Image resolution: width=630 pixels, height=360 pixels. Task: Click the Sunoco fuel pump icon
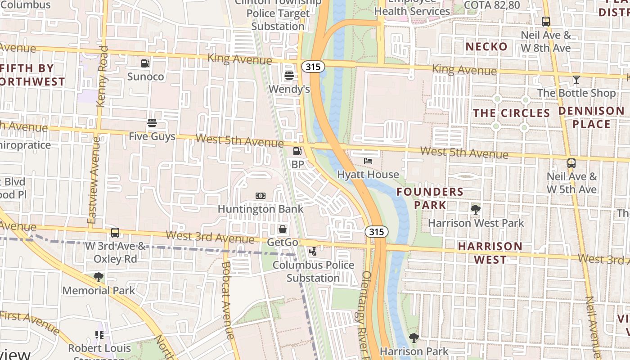pyautogui.click(x=145, y=63)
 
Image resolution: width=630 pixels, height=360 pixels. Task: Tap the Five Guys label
pyautogui.click(x=152, y=136)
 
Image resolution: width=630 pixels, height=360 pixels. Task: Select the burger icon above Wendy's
pyautogui.click(x=289, y=76)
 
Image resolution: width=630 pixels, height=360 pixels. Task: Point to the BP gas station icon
pyautogui.click(x=297, y=152)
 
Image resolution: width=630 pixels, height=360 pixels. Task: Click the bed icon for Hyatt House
pyautogui.click(x=368, y=161)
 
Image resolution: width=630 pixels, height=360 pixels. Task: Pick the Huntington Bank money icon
pyautogui.click(x=261, y=196)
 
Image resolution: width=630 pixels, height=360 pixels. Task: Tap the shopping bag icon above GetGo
pyautogui.click(x=282, y=229)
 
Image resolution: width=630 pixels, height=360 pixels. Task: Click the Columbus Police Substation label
pyautogui.click(x=313, y=271)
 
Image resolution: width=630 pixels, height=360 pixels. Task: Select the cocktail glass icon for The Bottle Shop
pyautogui.click(x=576, y=80)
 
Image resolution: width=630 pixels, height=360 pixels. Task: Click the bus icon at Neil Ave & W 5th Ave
pyautogui.click(x=571, y=163)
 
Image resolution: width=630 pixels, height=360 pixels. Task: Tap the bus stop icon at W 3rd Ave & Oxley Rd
pyautogui.click(x=115, y=233)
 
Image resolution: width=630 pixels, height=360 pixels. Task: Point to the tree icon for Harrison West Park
pyautogui.click(x=475, y=209)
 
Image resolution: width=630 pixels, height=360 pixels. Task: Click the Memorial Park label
pyautogui.click(x=99, y=290)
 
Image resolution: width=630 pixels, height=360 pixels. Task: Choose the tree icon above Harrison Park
pyautogui.click(x=414, y=337)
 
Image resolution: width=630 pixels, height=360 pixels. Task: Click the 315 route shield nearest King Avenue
pyautogui.click(x=312, y=67)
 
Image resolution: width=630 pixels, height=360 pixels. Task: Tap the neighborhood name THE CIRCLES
pyautogui.click(x=511, y=113)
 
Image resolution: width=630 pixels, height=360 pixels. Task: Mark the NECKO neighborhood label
pyautogui.click(x=486, y=46)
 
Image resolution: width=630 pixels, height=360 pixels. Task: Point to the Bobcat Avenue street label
pyautogui.click(x=227, y=300)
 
